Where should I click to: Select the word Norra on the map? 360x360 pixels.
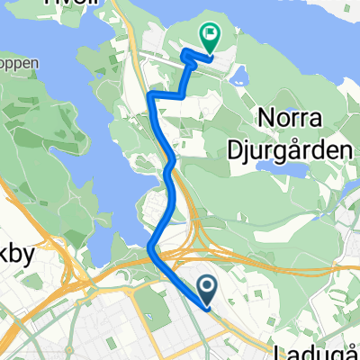290,118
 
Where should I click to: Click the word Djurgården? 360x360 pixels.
300,150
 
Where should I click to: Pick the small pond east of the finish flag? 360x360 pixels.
238,80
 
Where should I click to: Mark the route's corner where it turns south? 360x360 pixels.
151,94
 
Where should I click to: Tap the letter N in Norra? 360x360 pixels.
264,118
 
